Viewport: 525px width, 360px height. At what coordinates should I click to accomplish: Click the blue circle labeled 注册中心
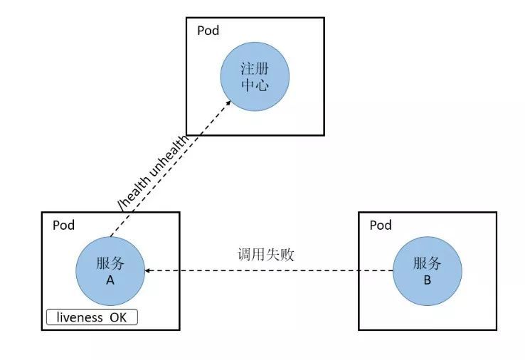(x=255, y=77)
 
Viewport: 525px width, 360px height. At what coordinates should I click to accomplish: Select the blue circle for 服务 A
(x=110, y=270)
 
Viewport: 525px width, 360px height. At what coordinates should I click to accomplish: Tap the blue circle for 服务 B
(x=427, y=270)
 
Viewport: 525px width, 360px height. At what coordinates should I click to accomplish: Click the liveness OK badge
(x=92, y=317)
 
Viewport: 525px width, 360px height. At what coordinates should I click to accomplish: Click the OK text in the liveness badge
(x=118, y=317)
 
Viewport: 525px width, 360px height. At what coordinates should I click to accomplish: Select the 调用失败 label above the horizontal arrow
(x=266, y=255)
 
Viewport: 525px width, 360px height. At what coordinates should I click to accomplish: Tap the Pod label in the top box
(x=208, y=31)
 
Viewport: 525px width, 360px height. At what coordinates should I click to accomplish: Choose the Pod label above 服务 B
(x=381, y=225)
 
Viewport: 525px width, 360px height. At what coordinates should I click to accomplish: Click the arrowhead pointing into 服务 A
(x=148, y=270)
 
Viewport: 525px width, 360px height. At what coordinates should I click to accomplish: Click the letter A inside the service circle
(x=110, y=280)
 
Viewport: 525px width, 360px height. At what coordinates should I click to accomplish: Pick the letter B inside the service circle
(x=427, y=280)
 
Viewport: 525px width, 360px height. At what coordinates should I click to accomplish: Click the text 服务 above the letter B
(x=427, y=263)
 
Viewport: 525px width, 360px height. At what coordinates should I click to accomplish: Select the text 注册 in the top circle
(x=255, y=69)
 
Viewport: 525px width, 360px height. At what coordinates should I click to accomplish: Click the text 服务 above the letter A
(x=110, y=263)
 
